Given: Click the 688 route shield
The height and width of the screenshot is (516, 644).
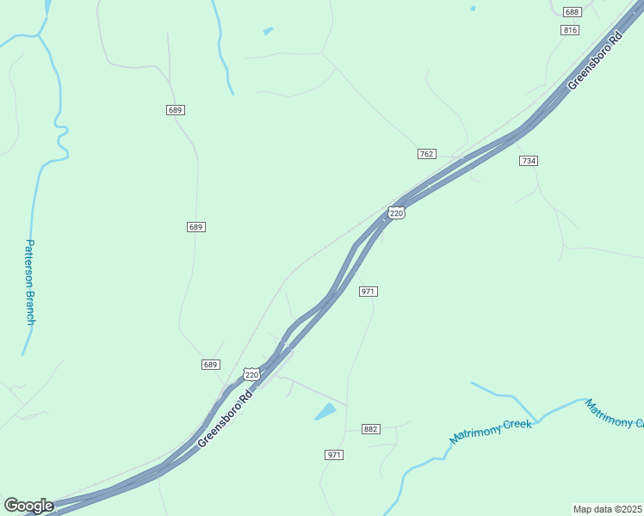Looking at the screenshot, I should coord(572,12).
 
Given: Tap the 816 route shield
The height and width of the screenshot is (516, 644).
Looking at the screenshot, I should coord(569,29).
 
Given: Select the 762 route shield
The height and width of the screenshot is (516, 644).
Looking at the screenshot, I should coord(426,153).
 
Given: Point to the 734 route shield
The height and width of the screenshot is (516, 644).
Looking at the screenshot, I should coord(529,161).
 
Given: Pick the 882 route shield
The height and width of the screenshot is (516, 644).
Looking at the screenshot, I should coord(371,429).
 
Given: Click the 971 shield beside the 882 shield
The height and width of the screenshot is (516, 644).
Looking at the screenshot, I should coord(334,454).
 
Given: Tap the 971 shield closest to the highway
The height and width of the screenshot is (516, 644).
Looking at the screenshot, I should coord(368,292).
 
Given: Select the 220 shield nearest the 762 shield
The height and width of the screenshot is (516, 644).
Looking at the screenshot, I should coord(396,213).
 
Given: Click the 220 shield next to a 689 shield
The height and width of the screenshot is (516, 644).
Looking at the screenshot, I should coord(251,375).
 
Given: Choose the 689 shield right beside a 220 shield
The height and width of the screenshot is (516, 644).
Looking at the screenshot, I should coord(211,365).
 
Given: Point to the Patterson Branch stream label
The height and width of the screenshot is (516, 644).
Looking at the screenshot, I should coord(30,282).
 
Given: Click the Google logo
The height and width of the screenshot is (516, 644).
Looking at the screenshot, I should coord(28,506).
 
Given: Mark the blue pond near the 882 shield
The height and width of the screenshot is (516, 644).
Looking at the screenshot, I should coord(326,411).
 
